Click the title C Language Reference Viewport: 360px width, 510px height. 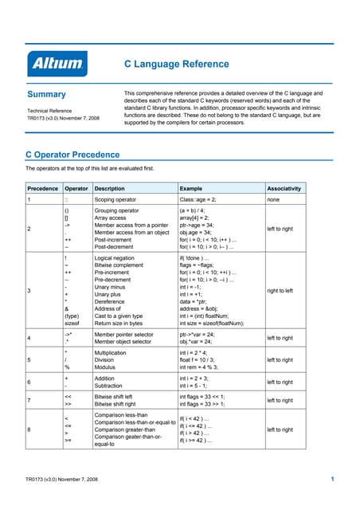pos(177,64)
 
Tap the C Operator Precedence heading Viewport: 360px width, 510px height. pos(72,154)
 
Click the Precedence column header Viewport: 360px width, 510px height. pos(43,189)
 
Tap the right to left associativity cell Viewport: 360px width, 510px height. pos(284,291)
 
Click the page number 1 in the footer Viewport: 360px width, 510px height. pos(331,478)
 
